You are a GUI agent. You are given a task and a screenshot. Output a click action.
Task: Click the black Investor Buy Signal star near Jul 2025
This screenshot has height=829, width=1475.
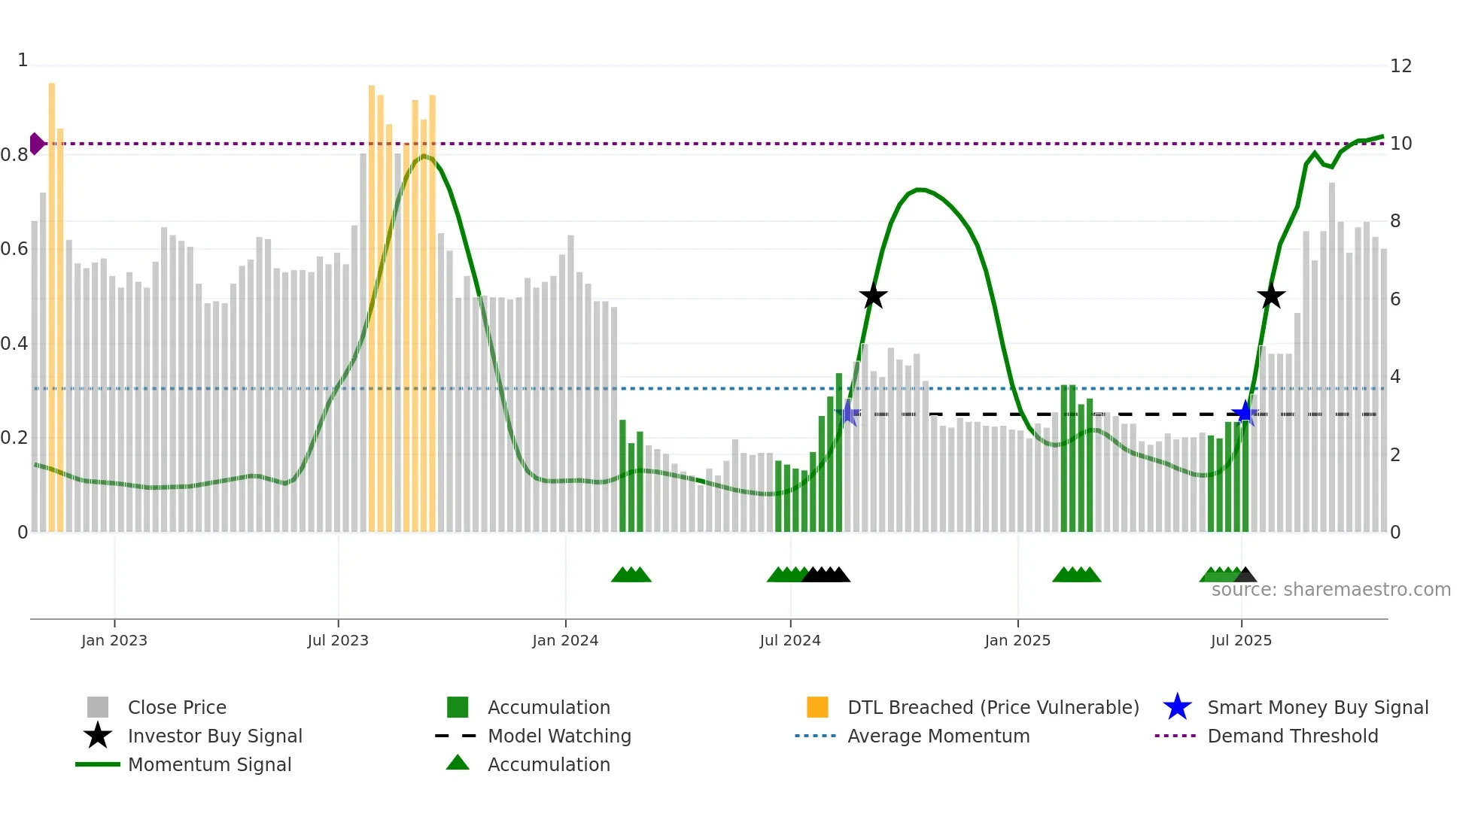[1271, 296]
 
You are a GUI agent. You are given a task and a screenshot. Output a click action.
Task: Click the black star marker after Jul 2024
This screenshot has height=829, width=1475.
[873, 296]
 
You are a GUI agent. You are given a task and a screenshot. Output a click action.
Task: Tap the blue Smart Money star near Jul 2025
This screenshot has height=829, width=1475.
[1245, 413]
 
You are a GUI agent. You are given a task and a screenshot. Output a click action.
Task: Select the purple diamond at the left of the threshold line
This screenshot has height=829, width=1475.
[36, 143]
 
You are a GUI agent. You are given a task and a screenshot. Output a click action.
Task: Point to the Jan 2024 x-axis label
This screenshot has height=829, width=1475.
[565, 640]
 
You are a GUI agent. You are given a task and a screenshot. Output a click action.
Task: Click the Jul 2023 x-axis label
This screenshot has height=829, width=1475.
[338, 640]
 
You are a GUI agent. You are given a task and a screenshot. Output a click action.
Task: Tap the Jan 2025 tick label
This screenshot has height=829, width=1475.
[1017, 640]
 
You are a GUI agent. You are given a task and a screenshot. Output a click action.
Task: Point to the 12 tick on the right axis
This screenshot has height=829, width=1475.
[1400, 66]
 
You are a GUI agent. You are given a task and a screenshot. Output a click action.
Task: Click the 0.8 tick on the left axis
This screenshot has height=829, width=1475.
[14, 155]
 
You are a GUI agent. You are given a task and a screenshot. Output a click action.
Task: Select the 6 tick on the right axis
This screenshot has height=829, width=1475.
[1395, 299]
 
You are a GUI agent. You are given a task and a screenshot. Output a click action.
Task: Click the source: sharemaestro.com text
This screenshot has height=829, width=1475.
[1331, 590]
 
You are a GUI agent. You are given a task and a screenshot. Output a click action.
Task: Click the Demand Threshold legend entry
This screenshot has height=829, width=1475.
[1292, 736]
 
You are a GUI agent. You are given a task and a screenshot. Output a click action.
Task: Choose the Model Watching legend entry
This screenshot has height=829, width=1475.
[558, 736]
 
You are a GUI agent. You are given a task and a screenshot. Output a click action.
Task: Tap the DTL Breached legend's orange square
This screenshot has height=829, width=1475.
[817, 707]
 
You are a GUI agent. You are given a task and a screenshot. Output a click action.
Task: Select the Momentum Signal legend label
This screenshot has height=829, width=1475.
[209, 764]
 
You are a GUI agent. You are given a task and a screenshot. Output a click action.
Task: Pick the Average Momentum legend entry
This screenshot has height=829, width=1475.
[938, 736]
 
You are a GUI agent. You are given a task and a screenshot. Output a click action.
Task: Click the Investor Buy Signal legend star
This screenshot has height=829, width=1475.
[98, 736]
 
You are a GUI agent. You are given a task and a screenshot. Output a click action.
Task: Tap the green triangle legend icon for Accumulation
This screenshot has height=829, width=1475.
[458, 764]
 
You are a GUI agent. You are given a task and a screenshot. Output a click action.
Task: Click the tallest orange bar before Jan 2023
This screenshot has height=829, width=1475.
[52, 301]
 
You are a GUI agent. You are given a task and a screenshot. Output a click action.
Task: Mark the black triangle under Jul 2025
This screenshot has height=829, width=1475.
[1245, 575]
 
